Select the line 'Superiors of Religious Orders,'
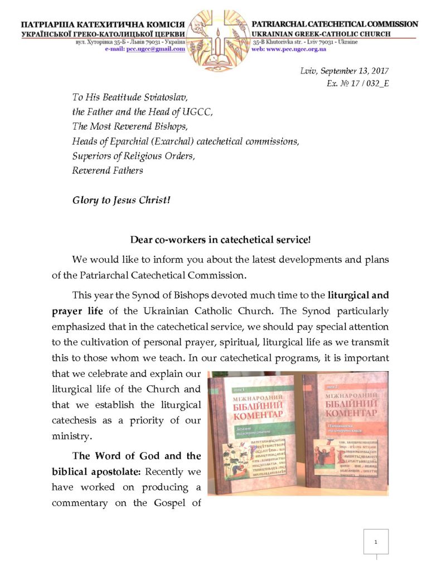[x=134, y=156]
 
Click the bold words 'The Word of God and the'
[x=137, y=456]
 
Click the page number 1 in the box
[x=376, y=542]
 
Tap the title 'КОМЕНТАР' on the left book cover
[x=254, y=415]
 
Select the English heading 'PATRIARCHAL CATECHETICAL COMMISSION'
[x=335, y=24]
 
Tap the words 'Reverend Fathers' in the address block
[x=108, y=170]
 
